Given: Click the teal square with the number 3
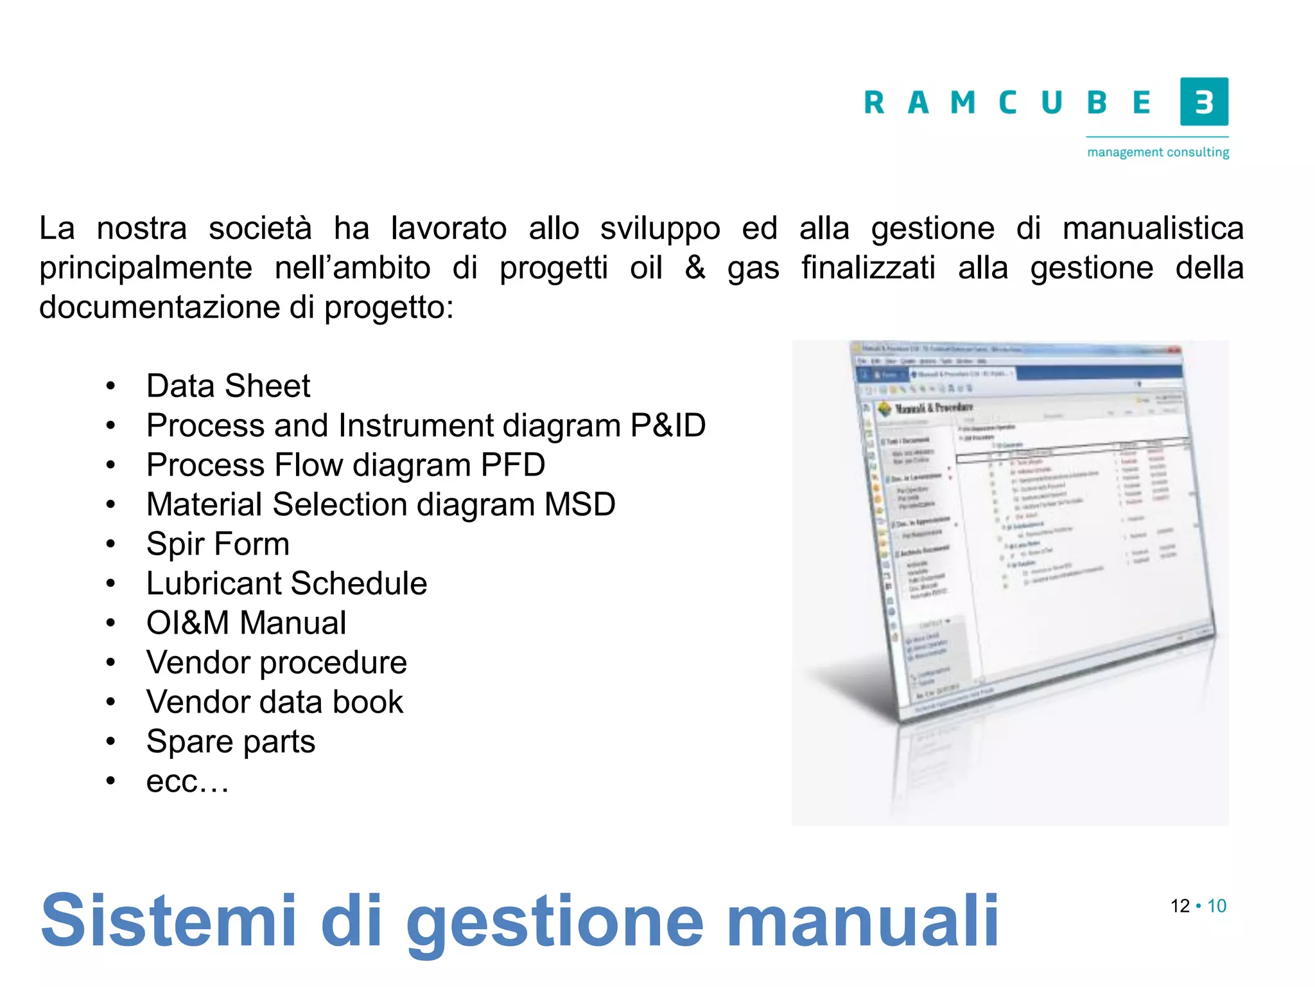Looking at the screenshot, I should coord(1204,102).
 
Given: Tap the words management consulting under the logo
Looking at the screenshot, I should coord(1158,152).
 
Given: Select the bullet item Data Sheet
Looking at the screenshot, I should coord(228,386).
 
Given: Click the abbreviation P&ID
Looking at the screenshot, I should coord(668,425).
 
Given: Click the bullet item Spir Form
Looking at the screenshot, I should coord(218,544).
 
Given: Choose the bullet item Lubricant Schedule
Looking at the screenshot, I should coord(286,583).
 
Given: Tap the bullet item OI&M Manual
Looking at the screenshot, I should coord(246,623).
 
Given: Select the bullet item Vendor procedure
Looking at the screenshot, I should coord(276,662).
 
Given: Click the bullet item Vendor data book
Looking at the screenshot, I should coord(275,702).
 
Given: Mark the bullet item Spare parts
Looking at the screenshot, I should coord(231,742).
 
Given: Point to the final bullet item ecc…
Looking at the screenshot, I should coord(187,781).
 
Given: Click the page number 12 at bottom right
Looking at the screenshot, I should coord(1180,906).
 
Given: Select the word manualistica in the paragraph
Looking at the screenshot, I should coord(1153,228).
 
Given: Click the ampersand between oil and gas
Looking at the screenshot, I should coord(695,267).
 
